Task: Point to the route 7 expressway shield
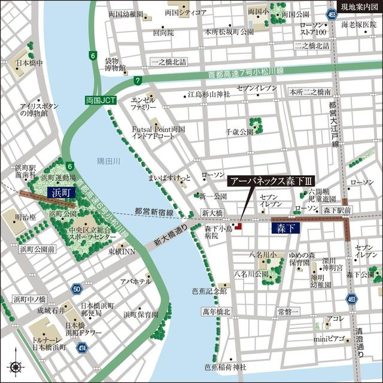point(138,80)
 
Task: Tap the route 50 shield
point(76,290)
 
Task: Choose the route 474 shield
point(83,346)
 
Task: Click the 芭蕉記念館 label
point(206,291)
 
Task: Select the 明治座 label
point(23,218)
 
